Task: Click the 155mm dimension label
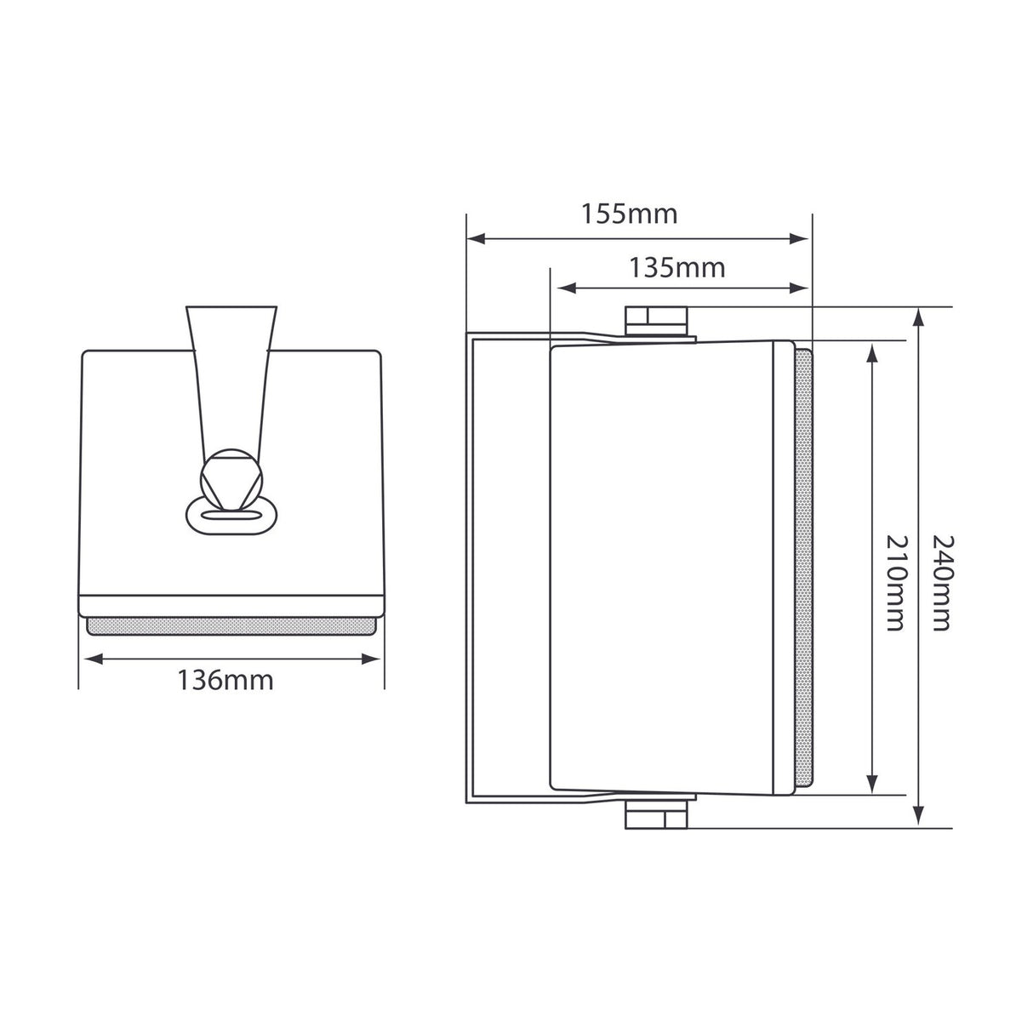pyautogui.click(x=630, y=214)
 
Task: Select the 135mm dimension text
pyautogui.click(x=677, y=267)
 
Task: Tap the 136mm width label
pyautogui.click(x=225, y=680)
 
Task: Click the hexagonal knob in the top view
pyautogui.click(x=231, y=480)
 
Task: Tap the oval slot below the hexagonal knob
pyautogui.click(x=231, y=515)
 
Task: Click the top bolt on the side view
pyautogui.click(x=656, y=321)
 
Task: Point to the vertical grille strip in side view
pyautogui.click(x=803, y=568)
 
